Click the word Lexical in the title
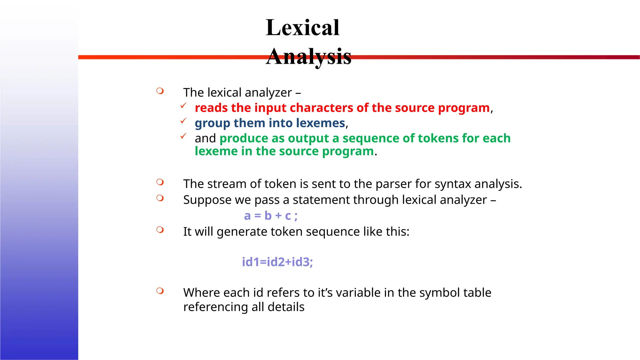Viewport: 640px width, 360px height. pyautogui.click(x=302, y=27)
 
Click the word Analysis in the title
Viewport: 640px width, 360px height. pyautogui.click(x=308, y=57)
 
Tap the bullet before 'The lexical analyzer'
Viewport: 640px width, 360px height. pyautogui.click(x=160, y=91)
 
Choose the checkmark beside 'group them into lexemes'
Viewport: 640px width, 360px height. pyautogui.click(x=183, y=121)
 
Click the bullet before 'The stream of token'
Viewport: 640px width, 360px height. pyautogui.click(x=160, y=182)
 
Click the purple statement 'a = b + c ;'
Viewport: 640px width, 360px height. pyautogui.click(x=271, y=216)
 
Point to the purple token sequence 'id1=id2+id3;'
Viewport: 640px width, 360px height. pyautogui.click(x=277, y=262)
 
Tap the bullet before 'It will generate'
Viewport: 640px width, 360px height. pyautogui.click(x=160, y=230)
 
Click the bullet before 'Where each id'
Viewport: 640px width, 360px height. pyautogui.click(x=160, y=291)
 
